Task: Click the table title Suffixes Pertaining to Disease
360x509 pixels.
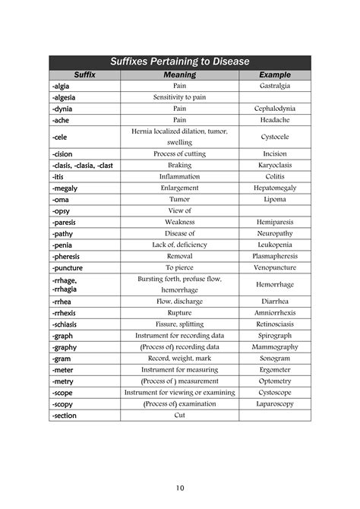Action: point(180,62)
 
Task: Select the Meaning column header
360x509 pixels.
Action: point(180,75)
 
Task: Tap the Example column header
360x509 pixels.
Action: point(274,75)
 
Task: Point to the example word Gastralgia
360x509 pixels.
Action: point(274,87)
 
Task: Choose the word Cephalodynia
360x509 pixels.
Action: point(274,109)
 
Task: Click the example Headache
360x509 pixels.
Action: point(274,120)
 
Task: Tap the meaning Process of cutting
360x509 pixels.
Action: point(180,153)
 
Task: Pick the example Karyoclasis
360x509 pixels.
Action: point(274,165)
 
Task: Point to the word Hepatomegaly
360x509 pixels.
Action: point(274,188)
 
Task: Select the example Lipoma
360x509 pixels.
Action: point(274,199)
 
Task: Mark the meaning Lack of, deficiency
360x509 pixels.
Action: point(180,245)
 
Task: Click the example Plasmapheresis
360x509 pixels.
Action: point(274,256)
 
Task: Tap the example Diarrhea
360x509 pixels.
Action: point(274,301)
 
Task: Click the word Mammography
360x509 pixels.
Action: point(274,346)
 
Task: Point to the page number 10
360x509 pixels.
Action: point(179,487)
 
